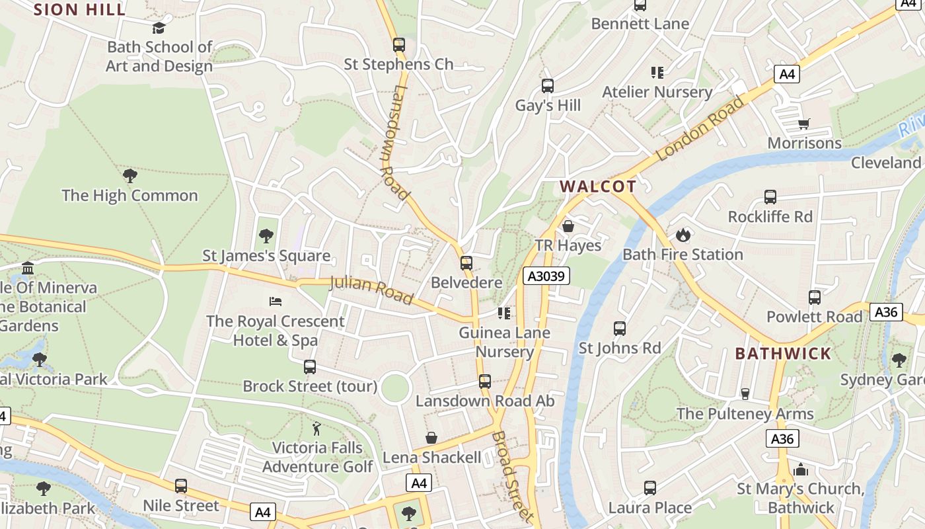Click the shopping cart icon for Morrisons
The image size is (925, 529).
(x=804, y=124)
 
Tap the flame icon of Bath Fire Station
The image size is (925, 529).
(x=683, y=235)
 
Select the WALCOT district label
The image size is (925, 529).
(x=598, y=186)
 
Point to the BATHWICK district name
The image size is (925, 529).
(x=783, y=353)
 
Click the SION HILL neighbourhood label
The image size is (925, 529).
(x=79, y=9)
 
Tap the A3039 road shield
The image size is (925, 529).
(x=546, y=276)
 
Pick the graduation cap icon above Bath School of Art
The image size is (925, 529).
(x=159, y=28)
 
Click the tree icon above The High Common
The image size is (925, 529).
(x=130, y=176)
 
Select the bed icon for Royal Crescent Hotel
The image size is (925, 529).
(x=276, y=302)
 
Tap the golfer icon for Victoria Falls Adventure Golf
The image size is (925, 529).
(x=317, y=428)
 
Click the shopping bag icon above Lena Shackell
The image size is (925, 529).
(x=431, y=438)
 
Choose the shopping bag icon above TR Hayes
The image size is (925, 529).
(x=568, y=226)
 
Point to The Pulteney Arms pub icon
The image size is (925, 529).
(x=745, y=394)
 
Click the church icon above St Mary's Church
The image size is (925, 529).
(x=801, y=469)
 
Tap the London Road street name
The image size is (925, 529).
(x=701, y=129)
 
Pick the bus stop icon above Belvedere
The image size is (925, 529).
(x=466, y=263)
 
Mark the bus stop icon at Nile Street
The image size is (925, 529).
(x=181, y=486)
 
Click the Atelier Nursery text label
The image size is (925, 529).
(x=657, y=92)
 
